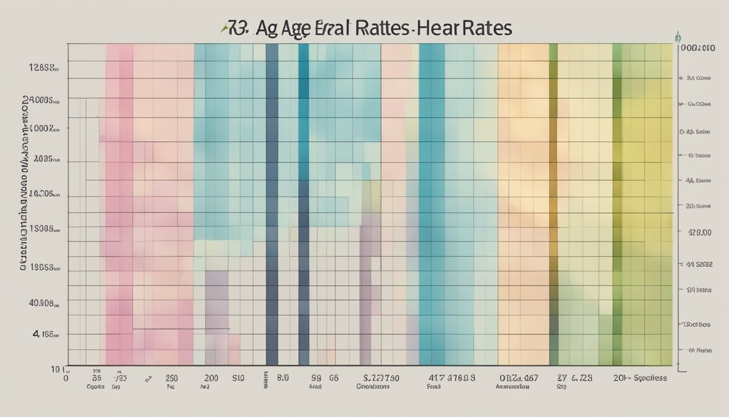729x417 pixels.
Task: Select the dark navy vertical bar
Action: coord(272,206)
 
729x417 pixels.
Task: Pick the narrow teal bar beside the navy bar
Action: coord(304,206)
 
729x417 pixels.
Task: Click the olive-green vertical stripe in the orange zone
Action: coord(553,206)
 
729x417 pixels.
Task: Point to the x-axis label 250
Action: coord(171,378)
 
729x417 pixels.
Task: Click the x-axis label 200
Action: coord(212,378)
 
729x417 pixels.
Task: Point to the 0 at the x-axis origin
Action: coord(66,378)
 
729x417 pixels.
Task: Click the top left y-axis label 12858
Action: coord(43,68)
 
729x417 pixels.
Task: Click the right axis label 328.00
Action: coord(699,232)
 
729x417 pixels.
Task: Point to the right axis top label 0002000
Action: coord(698,48)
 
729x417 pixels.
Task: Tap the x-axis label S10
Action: coord(239,378)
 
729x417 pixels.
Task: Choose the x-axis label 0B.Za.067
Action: coord(519,378)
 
